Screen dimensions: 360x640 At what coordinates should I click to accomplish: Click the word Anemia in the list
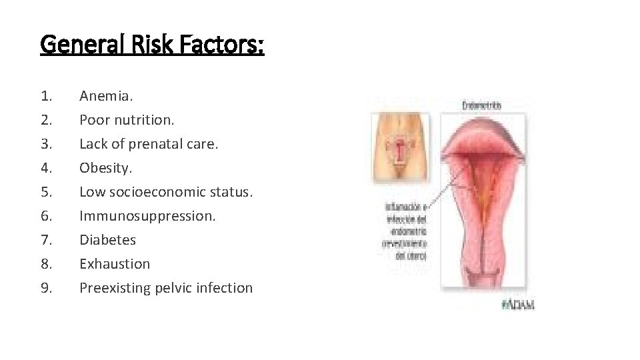(105, 96)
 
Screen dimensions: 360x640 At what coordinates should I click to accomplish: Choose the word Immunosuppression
(147, 216)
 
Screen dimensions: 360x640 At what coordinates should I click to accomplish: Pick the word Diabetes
(107, 240)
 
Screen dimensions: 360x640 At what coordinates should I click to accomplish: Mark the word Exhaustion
(115, 264)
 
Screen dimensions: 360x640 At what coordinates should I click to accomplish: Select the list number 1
(46, 96)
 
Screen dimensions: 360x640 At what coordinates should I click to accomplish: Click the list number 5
(46, 192)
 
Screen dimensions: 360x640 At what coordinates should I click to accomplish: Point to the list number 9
(46, 288)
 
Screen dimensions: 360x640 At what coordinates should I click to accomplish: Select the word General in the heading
(78, 45)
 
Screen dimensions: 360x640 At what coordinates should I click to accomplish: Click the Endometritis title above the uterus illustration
(481, 105)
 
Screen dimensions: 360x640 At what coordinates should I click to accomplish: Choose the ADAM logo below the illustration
(517, 305)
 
